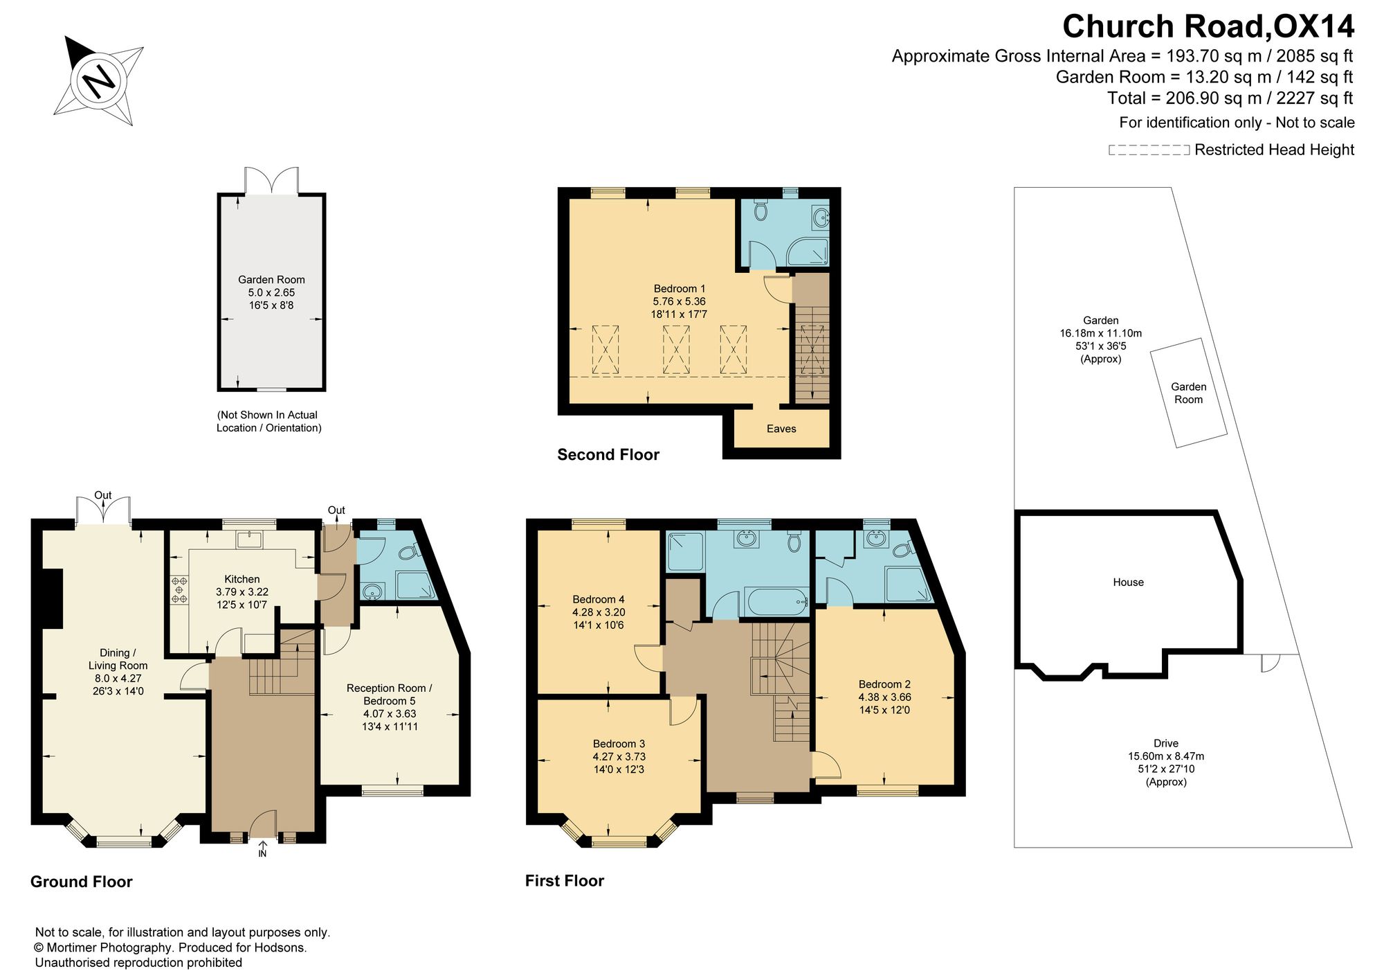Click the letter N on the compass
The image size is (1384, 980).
tap(99, 81)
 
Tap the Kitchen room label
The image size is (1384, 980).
tap(242, 579)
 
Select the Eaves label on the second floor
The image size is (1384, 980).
tap(781, 429)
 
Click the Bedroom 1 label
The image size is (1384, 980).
tap(680, 289)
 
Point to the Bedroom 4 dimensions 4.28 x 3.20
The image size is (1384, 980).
tap(599, 612)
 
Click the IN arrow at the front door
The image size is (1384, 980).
tap(262, 845)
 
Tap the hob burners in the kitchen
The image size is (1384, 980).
tap(180, 589)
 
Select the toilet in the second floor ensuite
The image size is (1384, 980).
tap(761, 210)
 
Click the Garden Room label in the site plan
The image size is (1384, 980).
tap(1188, 393)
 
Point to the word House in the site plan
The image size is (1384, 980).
tap(1128, 582)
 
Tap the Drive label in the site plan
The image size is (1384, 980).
tap(1166, 743)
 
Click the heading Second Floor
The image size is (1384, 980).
tap(608, 454)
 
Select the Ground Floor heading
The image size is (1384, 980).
tap(82, 882)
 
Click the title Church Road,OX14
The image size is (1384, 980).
tap(1208, 26)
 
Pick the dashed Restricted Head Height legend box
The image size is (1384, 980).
tap(1149, 150)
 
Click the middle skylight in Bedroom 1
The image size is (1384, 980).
tap(676, 350)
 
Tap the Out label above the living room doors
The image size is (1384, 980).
tap(103, 495)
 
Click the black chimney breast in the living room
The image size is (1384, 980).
tap(53, 598)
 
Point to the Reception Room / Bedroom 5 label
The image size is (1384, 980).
tap(390, 695)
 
